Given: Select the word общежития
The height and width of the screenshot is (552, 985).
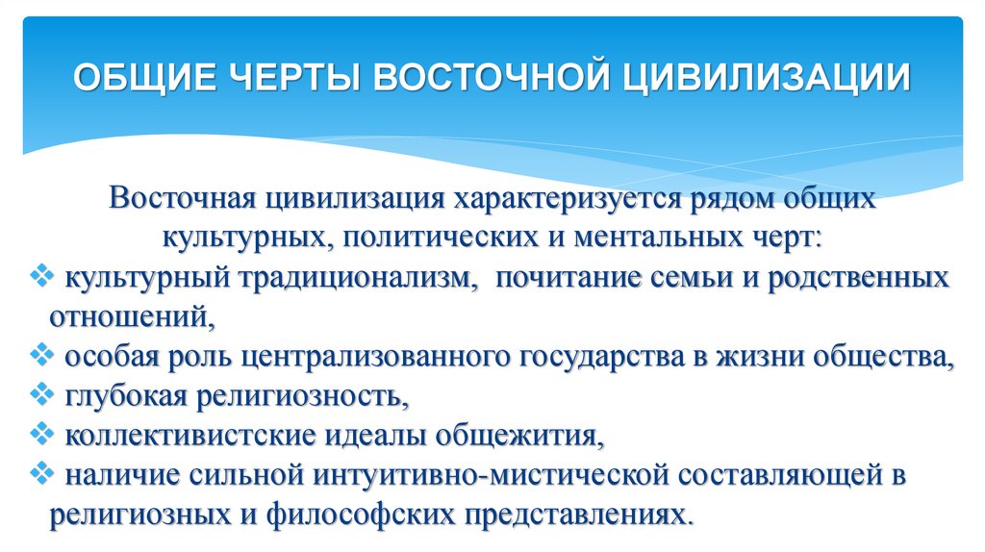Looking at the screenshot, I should point(517,435).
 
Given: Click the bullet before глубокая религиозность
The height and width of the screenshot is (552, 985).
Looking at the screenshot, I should point(41,393).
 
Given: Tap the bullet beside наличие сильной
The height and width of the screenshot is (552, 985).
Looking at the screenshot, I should point(41,472).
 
